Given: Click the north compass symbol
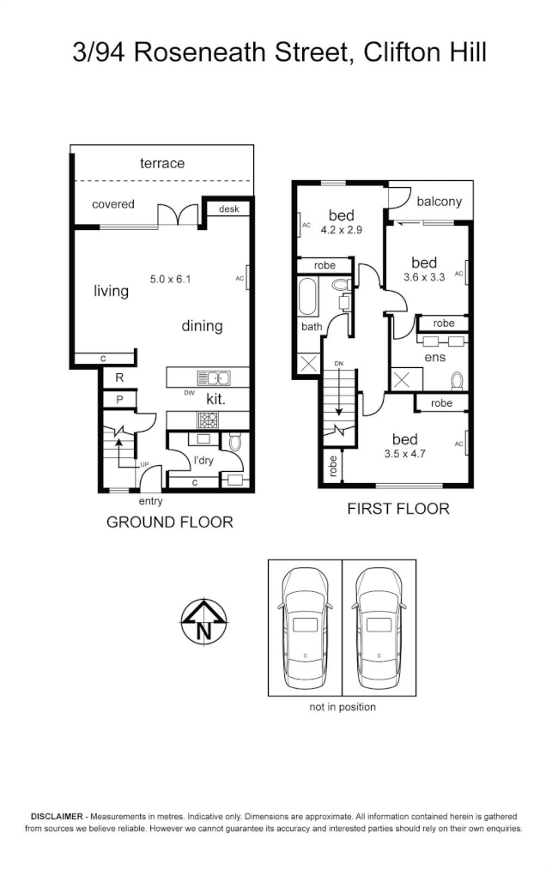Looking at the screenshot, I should point(203,621).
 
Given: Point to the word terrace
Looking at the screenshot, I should point(162,163).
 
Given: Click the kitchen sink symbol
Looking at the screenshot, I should point(212,377).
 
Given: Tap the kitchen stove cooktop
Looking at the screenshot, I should point(209,420).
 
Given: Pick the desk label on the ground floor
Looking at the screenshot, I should point(228,208).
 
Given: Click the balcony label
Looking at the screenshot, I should point(439,202).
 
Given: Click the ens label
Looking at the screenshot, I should point(434,357).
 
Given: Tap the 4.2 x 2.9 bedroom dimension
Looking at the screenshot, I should point(342,230).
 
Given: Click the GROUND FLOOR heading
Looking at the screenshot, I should point(169,522).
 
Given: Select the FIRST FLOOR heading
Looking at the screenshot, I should point(397,509).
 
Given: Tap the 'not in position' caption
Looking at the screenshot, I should point(343,707).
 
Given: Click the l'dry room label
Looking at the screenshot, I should point(203,461).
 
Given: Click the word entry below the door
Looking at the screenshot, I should point(150,501).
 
